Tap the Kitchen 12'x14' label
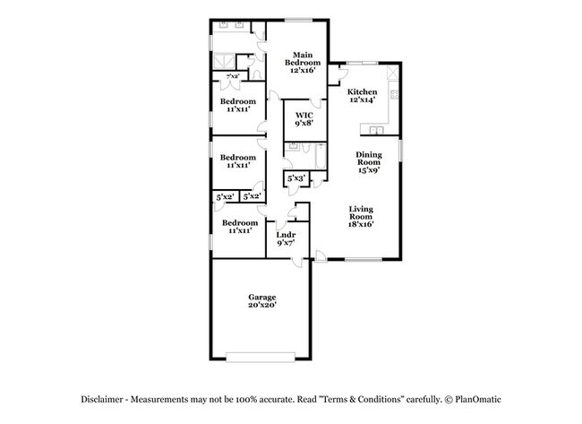tap(362, 96)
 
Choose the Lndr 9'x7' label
tap(286, 238)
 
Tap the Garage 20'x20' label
tap(262, 301)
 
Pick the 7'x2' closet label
tap(232, 76)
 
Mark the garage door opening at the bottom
tap(262, 358)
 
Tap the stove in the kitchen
tap(395, 71)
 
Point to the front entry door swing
tap(321, 256)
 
